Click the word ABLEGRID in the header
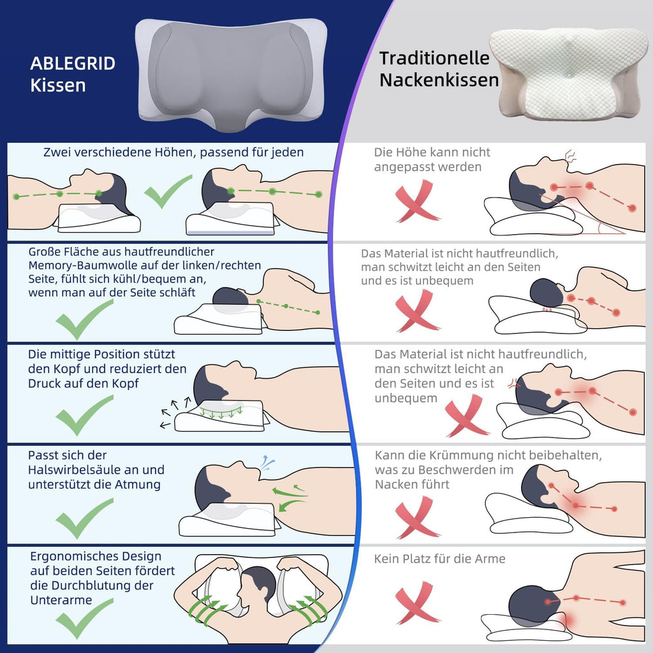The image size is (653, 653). click(73, 63)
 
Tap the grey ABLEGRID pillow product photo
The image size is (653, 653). click(231, 75)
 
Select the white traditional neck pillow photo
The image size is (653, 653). click(568, 74)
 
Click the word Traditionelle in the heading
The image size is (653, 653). click(434, 58)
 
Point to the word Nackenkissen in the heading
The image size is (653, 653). click(439, 80)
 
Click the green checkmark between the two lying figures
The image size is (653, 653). click(168, 191)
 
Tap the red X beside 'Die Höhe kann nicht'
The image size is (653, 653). click(416, 201)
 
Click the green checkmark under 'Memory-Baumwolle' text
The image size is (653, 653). click(84, 319)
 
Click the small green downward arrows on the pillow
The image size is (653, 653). click(221, 413)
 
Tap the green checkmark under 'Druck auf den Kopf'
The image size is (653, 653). click(84, 415)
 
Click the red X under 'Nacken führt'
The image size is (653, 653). click(416, 517)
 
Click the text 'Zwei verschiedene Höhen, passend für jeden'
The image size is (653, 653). click(173, 152)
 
